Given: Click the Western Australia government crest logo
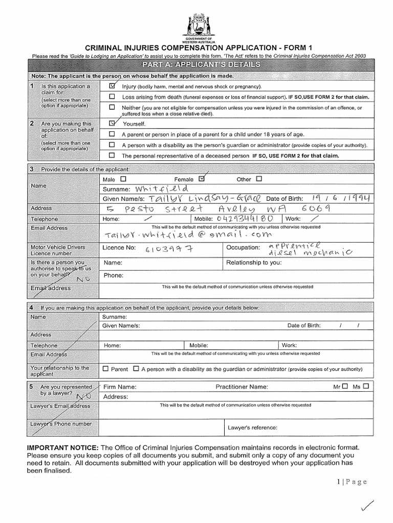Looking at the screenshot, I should [196, 25].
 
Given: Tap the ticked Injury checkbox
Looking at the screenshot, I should [113, 86].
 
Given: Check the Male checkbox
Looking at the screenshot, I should [123, 179].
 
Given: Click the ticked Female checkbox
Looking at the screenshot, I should [201, 179].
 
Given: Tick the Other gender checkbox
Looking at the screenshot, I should [258, 179].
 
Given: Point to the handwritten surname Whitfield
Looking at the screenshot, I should [152, 189].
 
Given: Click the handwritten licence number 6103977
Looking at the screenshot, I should [172, 248].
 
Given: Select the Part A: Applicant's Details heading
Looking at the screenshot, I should [197, 64].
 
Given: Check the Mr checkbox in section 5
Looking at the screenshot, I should [345, 387].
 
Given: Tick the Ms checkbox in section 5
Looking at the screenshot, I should [366, 387].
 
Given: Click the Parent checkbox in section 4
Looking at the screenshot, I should [106, 368].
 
